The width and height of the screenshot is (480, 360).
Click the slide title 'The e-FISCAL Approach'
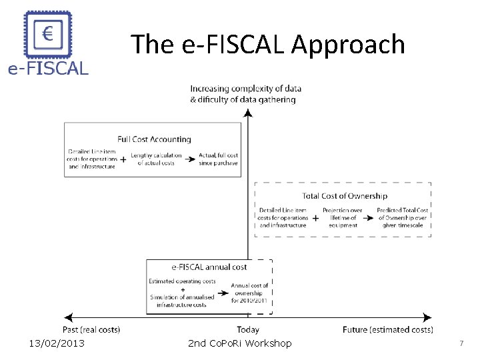(x=268, y=45)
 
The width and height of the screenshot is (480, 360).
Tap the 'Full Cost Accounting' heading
(x=154, y=139)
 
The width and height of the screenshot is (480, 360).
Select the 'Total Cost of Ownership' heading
(x=344, y=196)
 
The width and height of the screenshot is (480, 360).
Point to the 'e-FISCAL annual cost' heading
(x=209, y=267)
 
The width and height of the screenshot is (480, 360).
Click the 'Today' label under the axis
(x=248, y=329)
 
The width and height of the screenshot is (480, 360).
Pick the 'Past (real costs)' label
(x=91, y=329)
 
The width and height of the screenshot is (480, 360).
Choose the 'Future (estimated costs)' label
(x=387, y=329)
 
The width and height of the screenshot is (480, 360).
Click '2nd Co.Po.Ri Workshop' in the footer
(x=239, y=343)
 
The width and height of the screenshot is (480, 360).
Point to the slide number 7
(x=461, y=343)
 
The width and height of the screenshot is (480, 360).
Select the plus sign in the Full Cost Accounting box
(x=123, y=160)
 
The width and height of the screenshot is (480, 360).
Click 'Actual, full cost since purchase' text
(x=218, y=159)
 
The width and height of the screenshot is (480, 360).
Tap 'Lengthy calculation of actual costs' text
(x=156, y=159)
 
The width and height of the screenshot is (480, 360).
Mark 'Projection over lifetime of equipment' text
(x=343, y=217)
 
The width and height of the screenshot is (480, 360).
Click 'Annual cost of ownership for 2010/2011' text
(x=249, y=293)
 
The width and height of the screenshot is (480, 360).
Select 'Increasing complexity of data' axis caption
(x=245, y=89)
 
